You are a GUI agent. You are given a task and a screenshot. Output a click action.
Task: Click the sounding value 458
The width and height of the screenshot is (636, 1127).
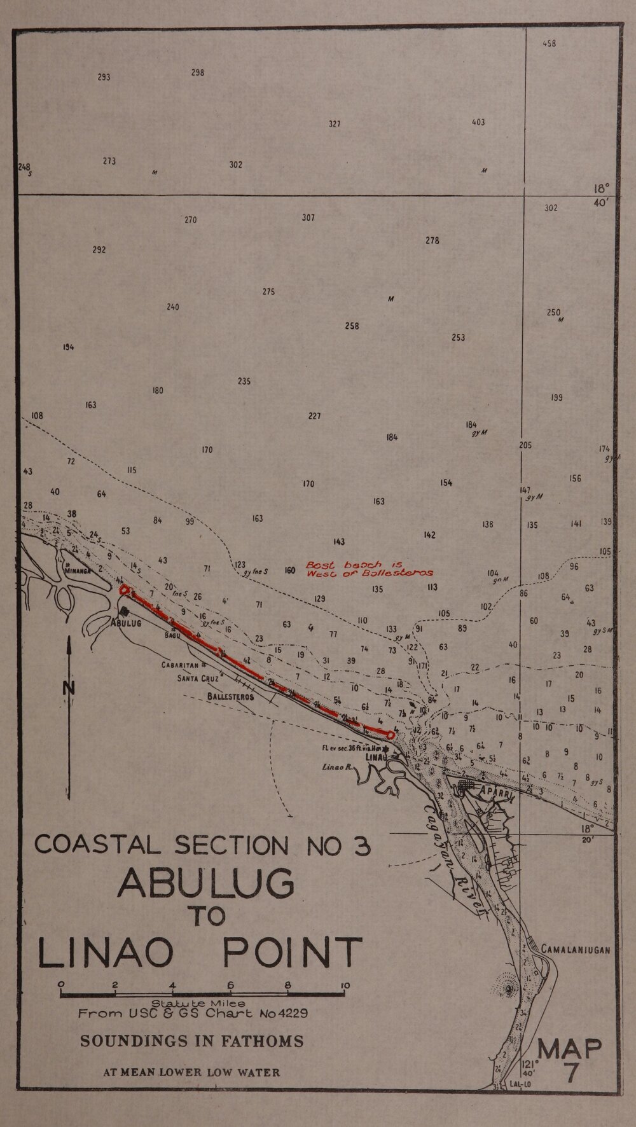tap(550, 44)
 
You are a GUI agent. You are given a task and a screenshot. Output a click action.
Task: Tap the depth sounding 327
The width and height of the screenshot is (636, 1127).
tap(335, 124)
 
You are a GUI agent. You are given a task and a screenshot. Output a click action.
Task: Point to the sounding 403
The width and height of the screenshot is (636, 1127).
tap(478, 122)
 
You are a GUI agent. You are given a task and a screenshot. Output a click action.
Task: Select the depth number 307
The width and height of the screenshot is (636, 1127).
tap(308, 218)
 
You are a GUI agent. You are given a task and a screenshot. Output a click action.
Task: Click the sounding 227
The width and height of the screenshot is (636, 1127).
tap(314, 416)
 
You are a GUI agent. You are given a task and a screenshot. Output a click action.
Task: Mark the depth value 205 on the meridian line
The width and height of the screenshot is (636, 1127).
tap(525, 445)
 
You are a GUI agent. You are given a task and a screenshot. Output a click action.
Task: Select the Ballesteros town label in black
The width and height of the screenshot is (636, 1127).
tap(230, 696)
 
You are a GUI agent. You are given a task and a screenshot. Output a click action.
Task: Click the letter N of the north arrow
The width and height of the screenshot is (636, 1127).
tap(69, 688)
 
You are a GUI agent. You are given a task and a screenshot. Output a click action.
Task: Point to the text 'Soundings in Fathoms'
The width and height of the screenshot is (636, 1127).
tap(191, 1041)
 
